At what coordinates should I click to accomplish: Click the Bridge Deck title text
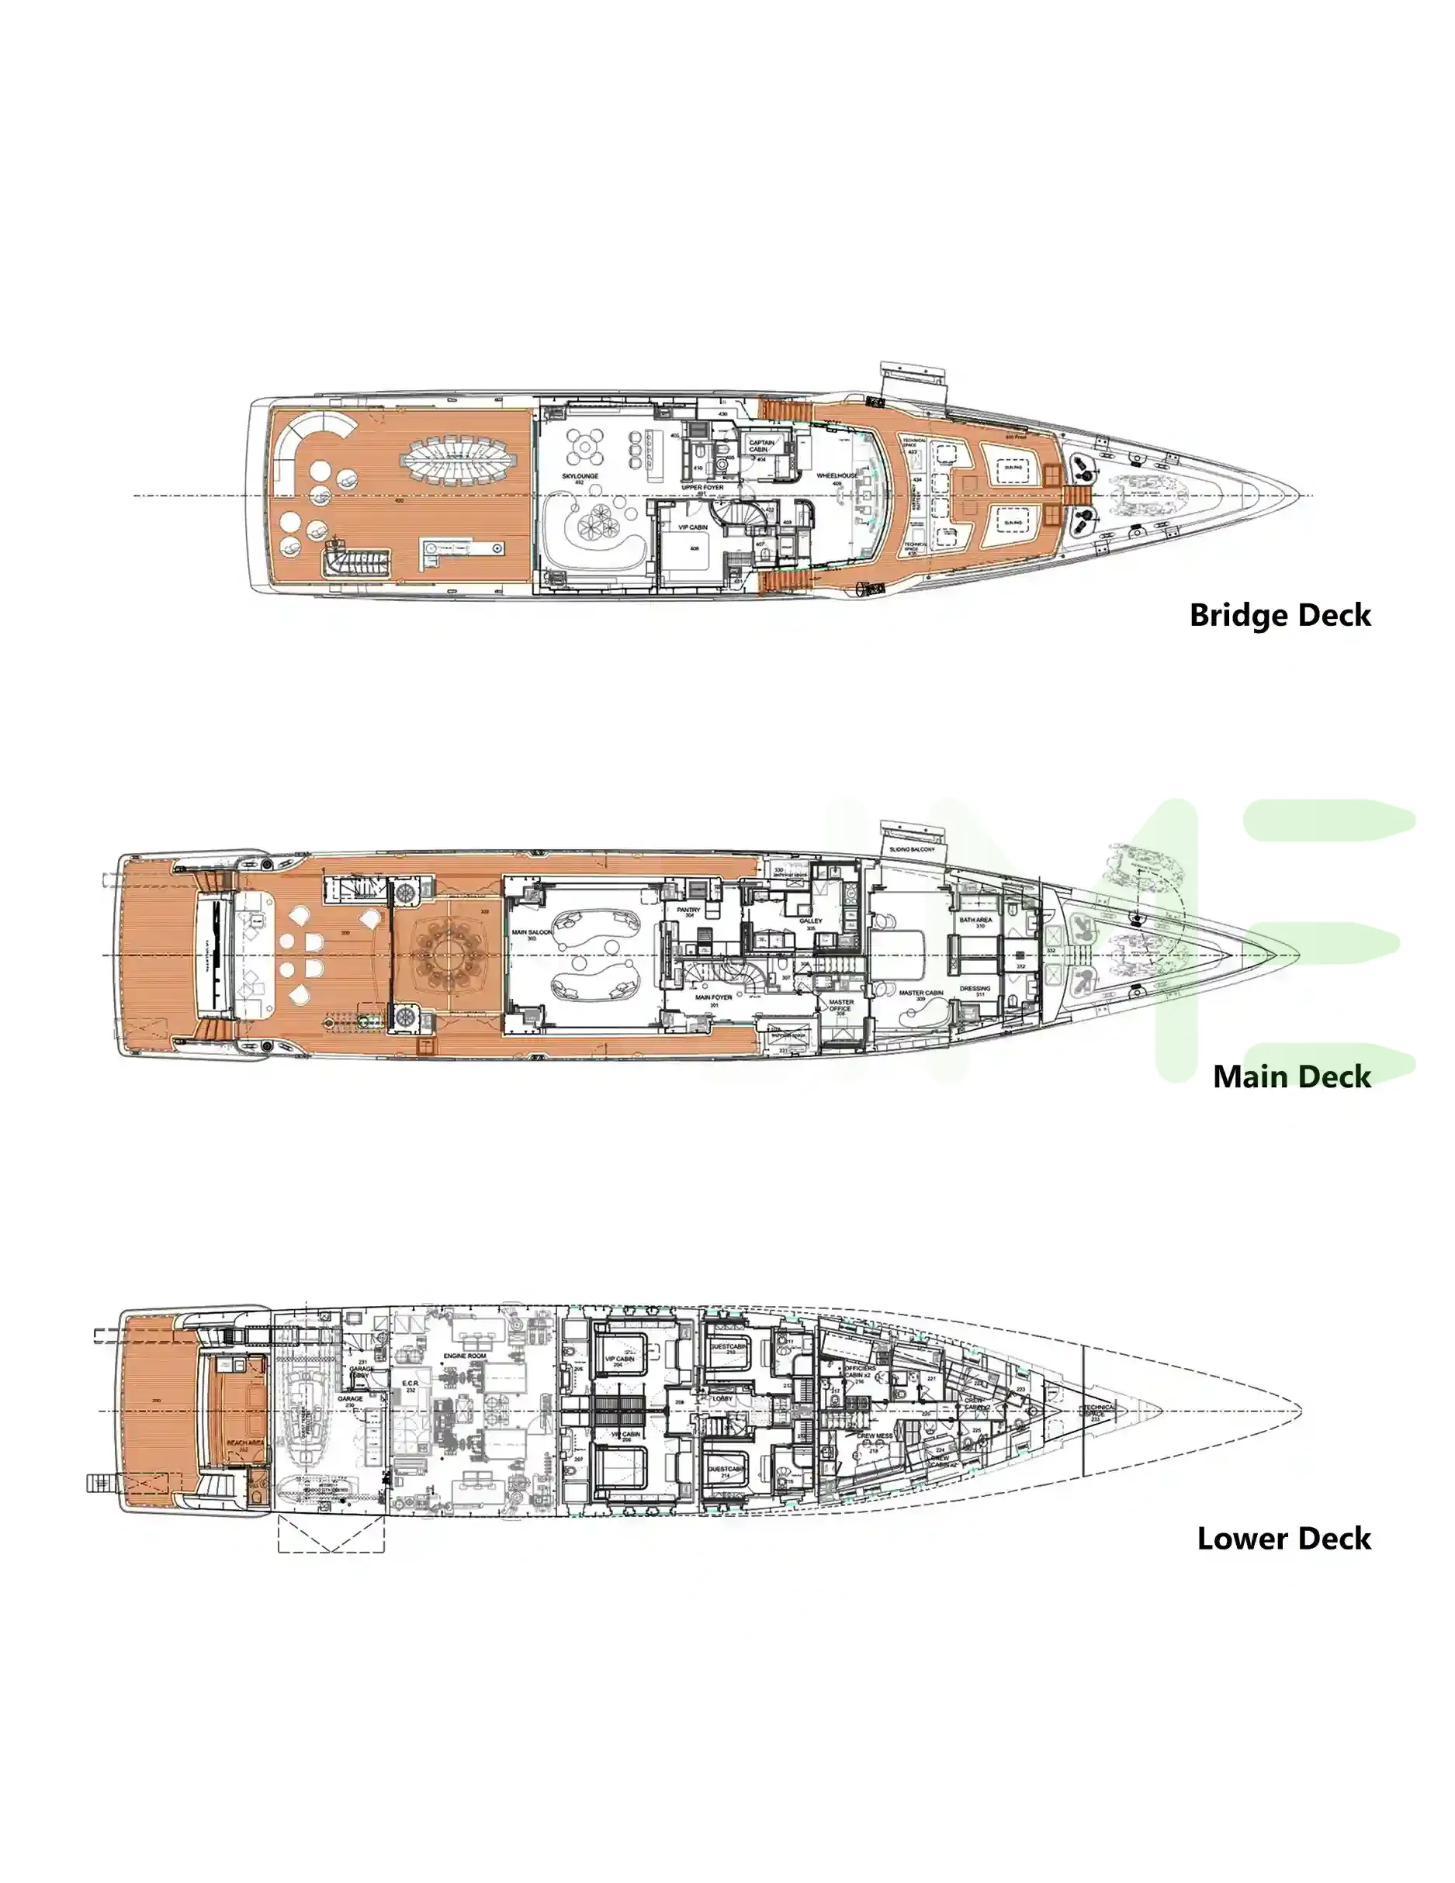1279,616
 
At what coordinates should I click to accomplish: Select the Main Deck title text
1291,1077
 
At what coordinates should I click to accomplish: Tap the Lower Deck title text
1284,1539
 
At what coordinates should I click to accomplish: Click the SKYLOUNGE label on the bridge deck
580,476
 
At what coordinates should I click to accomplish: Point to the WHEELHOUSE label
837,475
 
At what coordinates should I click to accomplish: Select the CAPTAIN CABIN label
760,446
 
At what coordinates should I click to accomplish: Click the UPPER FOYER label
702,487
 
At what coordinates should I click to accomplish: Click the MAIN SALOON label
532,932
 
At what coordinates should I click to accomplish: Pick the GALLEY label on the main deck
810,921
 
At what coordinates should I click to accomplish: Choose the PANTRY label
688,910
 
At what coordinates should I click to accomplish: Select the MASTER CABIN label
920,993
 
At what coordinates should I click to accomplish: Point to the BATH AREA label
975,920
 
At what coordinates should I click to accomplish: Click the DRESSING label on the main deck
975,989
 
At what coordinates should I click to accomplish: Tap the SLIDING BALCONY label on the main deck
912,849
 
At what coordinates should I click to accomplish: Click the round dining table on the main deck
447,955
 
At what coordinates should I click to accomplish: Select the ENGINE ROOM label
465,1356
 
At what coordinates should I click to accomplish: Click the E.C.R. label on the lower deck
410,1384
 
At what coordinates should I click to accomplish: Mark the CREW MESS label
874,1436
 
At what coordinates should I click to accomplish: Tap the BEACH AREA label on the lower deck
245,1442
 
